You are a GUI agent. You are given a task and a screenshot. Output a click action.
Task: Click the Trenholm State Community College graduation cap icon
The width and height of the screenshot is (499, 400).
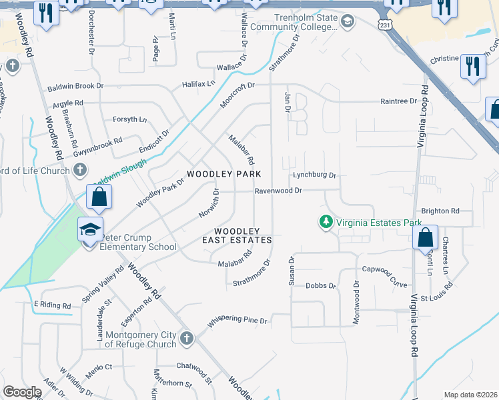(x=347, y=22)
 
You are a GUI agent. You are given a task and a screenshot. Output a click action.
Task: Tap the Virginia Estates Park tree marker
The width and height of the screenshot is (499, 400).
(x=326, y=221)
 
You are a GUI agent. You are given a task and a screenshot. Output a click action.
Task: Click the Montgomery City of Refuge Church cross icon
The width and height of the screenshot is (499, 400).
(x=186, y=339)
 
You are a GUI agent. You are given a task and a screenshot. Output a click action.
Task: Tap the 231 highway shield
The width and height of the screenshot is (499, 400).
(x=386, y=24)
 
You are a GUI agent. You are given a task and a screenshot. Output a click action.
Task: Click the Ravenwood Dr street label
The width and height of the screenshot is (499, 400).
(x=278, y=191)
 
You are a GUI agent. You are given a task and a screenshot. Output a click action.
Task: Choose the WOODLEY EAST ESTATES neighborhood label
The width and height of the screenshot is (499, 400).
(x=237, y=235)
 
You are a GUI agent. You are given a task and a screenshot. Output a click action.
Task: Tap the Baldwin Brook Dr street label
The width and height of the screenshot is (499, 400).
(x=75, y=87)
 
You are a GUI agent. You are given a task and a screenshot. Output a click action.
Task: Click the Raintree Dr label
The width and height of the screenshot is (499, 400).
(x=398, y=101)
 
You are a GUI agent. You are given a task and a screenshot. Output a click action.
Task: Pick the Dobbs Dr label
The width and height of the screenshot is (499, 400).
(x=321, y=285)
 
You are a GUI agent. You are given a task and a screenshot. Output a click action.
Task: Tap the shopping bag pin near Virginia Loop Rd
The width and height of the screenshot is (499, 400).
(x=424, y=237)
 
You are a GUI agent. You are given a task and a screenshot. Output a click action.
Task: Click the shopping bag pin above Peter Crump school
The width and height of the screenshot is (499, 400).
(x=99, y=197)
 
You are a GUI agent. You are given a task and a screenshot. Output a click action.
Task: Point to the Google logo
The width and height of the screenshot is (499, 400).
(x=22, y=392)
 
